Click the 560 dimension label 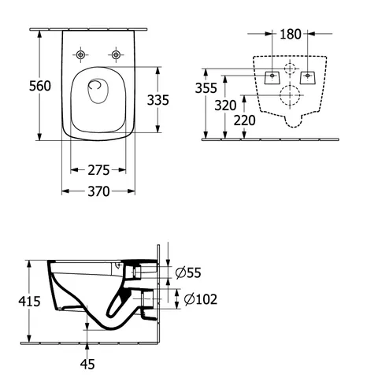coord(40,86)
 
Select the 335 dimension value coord(158,100)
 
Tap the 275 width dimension coord(98,170)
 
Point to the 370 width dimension coord(98,191)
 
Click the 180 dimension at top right coord(291,34)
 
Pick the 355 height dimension coord(206,88)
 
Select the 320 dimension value coord(225,106)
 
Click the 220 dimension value coord(245,120)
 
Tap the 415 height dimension coord(29,301)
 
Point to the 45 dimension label coord(87,364)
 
